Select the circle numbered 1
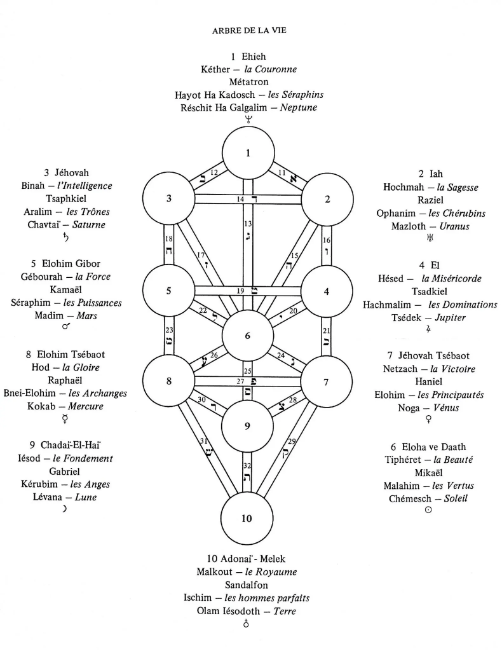pyautogui.click(x=247, y=153)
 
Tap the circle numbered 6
pyautogui.click(x=247, y=335)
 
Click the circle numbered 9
pyautogui.click(x=247, y=426)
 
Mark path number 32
pyautogui.click(x=248, y=466)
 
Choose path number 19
pyautogui.click(x=240, y=291)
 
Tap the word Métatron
pyautogui.click(x=249, y=81)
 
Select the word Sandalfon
pyautogui.click(x=247, y=585)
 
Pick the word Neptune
pyautogui.click(x=299, y=108)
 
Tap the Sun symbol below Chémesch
pyautogui.click(x=428, y=512)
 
